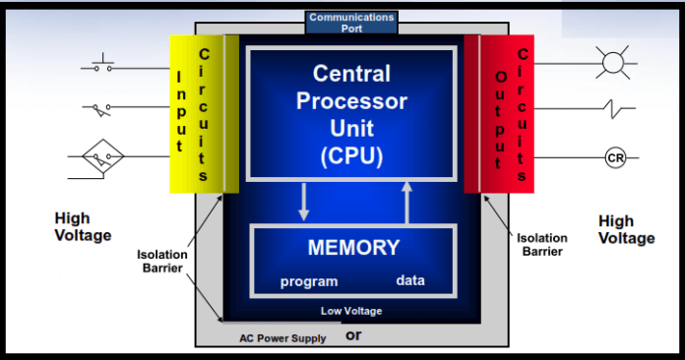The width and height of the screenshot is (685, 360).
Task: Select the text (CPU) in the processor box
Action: click(x=351, y=156)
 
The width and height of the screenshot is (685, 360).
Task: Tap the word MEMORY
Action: click(x=353, y=247)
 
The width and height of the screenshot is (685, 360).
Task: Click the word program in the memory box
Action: click(x=309, y=281)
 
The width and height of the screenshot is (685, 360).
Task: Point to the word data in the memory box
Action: click(x=410, y=280)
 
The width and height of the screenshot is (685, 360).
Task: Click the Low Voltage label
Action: click(x=351, y=311)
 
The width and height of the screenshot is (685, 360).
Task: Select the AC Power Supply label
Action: click(x=283, y=337)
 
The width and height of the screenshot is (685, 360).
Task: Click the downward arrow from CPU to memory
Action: click(x=303, y=202)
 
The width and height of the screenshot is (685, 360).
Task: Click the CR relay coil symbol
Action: click(x=615, y=158)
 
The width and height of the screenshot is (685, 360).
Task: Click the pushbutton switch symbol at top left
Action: click(x=102, y=67)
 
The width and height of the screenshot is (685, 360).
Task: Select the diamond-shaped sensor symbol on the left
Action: click(x=102, y=155)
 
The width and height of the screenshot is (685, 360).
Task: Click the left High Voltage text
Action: click(x=84, y=226)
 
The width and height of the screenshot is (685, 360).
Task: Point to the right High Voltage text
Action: click(x=626, y=229)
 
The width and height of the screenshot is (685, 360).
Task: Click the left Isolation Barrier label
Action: click(x=162, y=261)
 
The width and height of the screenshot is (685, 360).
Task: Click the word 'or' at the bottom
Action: click(x=354, y=335)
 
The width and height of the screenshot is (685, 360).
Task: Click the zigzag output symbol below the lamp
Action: click(x=614, y=108)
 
